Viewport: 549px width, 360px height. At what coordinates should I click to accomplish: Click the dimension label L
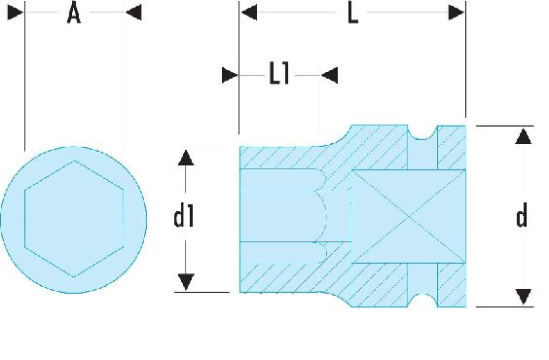[352, 15]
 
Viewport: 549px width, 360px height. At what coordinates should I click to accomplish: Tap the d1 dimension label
[184, 216]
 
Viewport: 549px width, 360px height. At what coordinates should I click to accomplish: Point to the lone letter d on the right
[522, 216]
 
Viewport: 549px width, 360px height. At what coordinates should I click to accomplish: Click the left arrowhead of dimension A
[16, 13]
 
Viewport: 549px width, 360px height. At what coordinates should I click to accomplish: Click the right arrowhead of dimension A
[133, 13]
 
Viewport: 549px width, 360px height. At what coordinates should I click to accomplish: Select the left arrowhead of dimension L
[249, 13]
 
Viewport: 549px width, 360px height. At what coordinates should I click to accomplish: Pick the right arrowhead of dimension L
[457, 13]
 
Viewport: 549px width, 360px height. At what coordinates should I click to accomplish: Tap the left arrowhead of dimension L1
[230, 75]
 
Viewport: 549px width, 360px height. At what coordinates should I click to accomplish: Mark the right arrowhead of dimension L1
[329, 75]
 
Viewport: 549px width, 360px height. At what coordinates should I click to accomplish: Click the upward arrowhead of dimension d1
[186, 158]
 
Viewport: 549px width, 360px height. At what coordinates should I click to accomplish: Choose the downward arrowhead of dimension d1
[186, 281]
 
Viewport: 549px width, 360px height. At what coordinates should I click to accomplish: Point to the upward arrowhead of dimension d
[524, 136]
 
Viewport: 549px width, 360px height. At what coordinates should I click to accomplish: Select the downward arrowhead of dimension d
[524, 297]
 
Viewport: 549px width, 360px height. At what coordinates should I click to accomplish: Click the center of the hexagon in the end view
[74, 219]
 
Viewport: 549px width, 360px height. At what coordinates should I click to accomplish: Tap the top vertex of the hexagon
[74, 161]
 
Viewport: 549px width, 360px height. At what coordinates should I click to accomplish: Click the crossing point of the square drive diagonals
[409, 217]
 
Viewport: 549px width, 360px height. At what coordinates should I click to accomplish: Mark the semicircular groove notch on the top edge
[422, 133]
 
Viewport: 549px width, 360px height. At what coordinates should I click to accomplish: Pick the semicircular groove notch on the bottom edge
[422, 300]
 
